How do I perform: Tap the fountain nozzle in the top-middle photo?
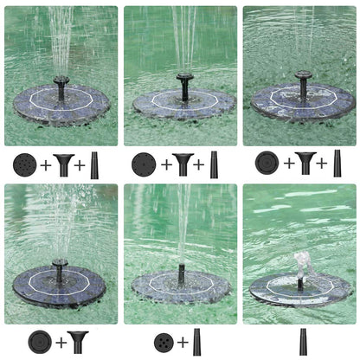tap(183, 87)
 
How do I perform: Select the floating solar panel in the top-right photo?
tap(302, 102)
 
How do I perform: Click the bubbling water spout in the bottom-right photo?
tap(299, 265)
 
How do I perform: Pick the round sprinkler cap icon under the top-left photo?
tap(23, 164)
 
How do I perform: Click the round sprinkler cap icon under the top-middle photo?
tap(143, 164)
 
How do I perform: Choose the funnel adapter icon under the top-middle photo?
tap(183, 164)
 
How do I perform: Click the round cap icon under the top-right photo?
tap(267, 163)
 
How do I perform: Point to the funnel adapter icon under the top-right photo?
tap(304, 163)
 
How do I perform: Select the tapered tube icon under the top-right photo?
tap(337, 163)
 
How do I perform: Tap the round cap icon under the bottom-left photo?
tap(39, 340)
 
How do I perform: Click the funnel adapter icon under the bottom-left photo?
tap(79, 340)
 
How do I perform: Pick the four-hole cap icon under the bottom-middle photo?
tap(164, 341)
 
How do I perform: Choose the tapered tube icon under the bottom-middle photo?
tap(196, 341)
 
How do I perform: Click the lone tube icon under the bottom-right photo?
tap(303, 340)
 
